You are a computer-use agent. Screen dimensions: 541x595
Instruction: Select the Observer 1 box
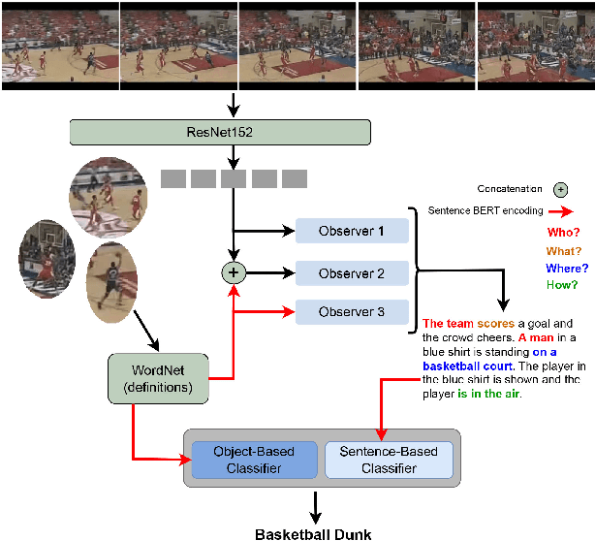click(353, 231)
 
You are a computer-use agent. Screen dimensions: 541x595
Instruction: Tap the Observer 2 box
click(353, 273)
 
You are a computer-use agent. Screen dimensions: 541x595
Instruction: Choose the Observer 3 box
click(353, 312)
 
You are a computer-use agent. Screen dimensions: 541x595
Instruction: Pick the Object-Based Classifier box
click(256, 460)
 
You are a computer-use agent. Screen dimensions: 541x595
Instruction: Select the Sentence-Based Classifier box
click(388, 460)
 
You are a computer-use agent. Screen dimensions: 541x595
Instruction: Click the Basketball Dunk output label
click(312, 533)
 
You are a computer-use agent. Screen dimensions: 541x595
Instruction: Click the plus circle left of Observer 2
click(233, 273)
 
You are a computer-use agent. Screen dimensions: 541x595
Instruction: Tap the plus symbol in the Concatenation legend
click(560, 190)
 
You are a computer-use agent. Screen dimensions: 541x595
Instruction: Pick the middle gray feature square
click(233, 178)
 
